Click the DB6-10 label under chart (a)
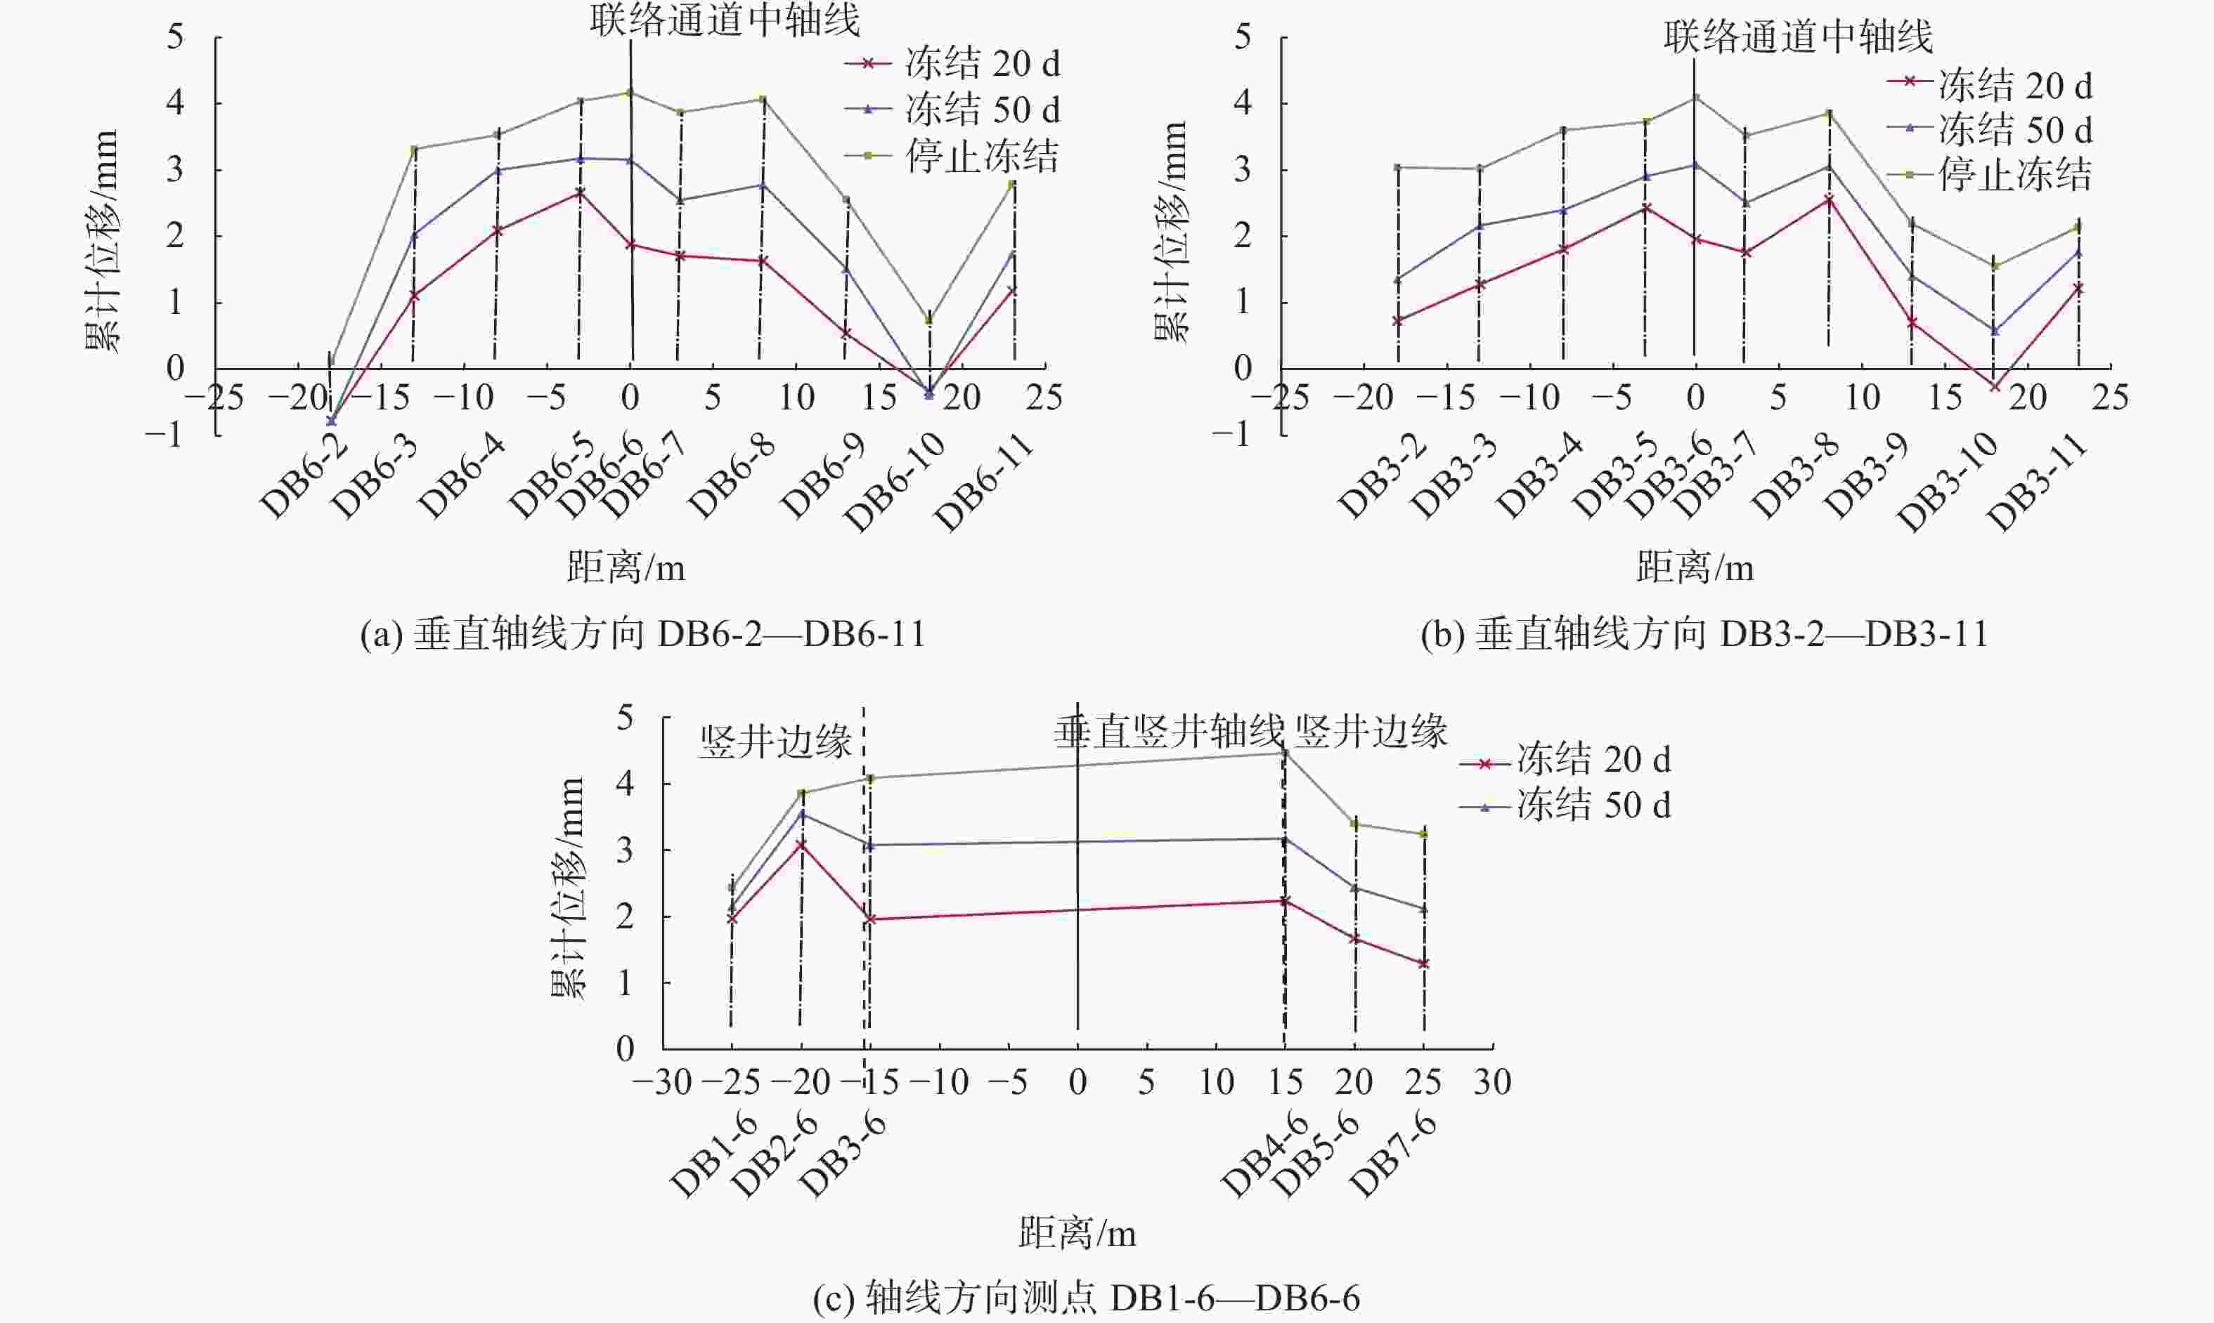(x=894, y=483)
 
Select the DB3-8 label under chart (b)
(x=1795, y=477)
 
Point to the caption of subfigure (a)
(x=642, y=635)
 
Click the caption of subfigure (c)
(x=1086, y=1298)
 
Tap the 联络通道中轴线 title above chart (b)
(x=1799, y=37)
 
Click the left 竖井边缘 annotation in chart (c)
(x=775, y=742)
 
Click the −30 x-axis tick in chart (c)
(x=662, y=1082)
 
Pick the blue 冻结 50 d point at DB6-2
(x=332, y=421)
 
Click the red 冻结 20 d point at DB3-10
(x=1995, y=387)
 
